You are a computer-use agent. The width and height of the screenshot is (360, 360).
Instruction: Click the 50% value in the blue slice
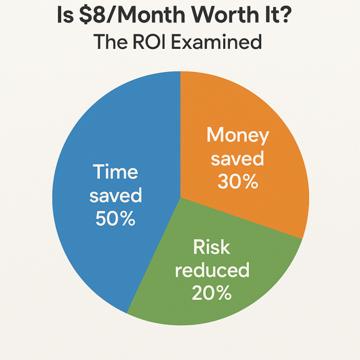(x=116, y=219)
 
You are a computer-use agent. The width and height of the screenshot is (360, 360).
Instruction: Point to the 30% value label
(x=238, y=182)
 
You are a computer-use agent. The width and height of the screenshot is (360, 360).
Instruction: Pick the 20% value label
(x=212, y=293)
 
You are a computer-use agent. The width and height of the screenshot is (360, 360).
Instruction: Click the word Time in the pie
(x=116, y=171)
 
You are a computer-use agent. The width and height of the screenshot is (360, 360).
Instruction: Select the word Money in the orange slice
(x=238, y=135)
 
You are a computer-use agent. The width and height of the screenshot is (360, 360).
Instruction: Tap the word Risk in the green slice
(x=211, y=247)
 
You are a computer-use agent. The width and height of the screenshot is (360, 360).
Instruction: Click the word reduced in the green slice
(x=212, y=269)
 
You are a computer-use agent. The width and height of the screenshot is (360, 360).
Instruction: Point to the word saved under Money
(x=238, y=158)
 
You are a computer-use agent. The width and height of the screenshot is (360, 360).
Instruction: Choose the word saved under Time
(x=116, y=195)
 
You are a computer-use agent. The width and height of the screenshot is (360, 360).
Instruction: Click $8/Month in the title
(x=132, y=15)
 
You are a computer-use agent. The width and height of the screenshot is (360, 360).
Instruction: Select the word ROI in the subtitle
(x=149, y=42)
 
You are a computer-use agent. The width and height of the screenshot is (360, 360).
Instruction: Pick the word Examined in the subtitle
(x=217, y=42)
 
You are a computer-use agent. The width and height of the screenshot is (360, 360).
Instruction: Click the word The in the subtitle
(x=110, y=42)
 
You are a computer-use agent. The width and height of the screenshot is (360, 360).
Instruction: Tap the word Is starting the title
(x=65, y=15)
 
